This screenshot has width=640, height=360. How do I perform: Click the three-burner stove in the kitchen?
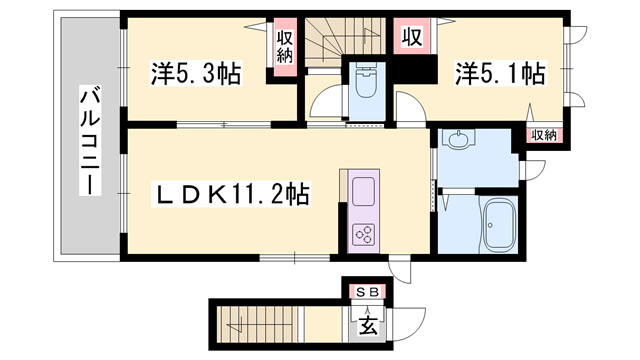[361, 235]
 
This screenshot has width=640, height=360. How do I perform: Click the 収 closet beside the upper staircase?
[410, 39]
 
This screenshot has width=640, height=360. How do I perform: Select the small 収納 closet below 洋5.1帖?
[543, 135]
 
